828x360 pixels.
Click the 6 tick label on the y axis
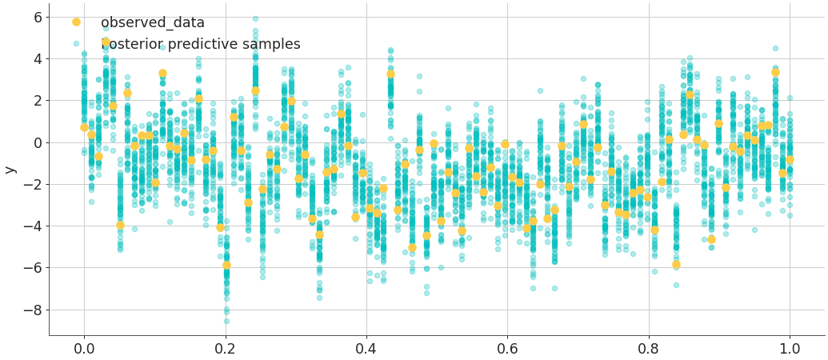tap(36, 18)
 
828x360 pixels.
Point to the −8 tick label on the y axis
tap(32, 310)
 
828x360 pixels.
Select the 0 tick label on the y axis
tap(36, 142)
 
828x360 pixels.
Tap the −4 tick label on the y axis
tap(32, 226)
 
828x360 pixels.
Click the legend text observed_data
tap(152, 23)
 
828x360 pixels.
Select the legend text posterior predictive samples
tap(200, 45)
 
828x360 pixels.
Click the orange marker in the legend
tap(76, 22)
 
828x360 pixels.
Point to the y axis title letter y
tap(10, 170)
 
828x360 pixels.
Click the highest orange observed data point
tap(106, 42)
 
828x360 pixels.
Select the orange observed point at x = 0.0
tap(84, 127)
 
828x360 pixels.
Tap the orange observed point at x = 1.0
tap(790, 159)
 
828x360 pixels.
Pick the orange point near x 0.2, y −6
tap(226, 265)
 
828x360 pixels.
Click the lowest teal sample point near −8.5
tap(226, 321)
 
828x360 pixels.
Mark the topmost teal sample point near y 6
tap(255, 18)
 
